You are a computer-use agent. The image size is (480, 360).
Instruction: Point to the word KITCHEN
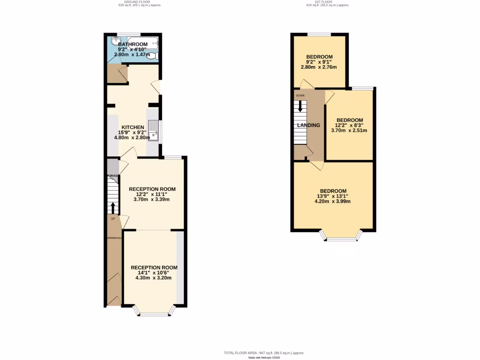tap(133, 127)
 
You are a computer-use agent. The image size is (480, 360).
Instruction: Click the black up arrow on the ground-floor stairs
tap(112, 207)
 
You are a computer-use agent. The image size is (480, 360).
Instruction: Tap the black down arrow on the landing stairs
tap(300, 106)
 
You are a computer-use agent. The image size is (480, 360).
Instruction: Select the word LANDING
tap(308, 125)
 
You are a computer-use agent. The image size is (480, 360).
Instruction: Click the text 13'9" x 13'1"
tap(332, 196)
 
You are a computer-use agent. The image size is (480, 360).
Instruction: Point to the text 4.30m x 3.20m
tap(153, 277)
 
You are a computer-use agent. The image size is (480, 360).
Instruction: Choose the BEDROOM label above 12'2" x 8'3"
tap(349, 120)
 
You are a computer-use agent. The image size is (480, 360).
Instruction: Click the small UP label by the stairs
tap(113, 219)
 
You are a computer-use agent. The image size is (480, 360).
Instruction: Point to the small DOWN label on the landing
tap(300, 96)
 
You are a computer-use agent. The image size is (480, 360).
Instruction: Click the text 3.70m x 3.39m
tap(152, 199)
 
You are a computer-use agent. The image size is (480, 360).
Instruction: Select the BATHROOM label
tap(133, 44)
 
